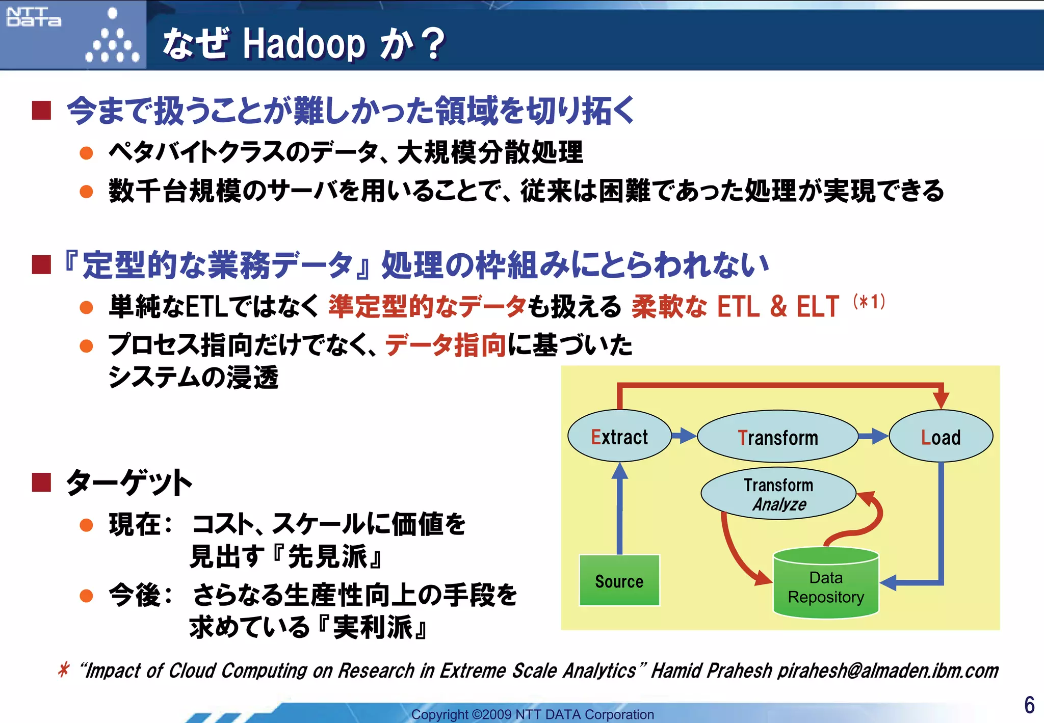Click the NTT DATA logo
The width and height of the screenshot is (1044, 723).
coord(34,17)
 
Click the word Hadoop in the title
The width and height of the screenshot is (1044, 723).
coord(304,44)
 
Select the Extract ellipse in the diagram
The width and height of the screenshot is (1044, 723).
coord(619,437)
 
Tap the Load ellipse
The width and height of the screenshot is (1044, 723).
coord(941,437)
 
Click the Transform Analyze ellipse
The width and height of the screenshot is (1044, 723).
coord(778,494)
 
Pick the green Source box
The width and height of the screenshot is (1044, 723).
coord(619,581)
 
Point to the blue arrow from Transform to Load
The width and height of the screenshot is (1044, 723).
coord(873,436)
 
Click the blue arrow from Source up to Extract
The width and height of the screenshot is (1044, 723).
coord(619,510)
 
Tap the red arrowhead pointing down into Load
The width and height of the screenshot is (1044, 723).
coord(941,399)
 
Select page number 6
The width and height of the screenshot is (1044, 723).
coord(1029,705)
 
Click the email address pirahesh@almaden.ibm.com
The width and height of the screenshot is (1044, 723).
coord(888,671)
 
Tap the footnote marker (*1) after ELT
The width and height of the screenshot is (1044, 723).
coord(869,302)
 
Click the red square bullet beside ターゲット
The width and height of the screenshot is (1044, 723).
coord(41,482)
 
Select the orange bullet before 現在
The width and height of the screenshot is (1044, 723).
coord(87,525)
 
